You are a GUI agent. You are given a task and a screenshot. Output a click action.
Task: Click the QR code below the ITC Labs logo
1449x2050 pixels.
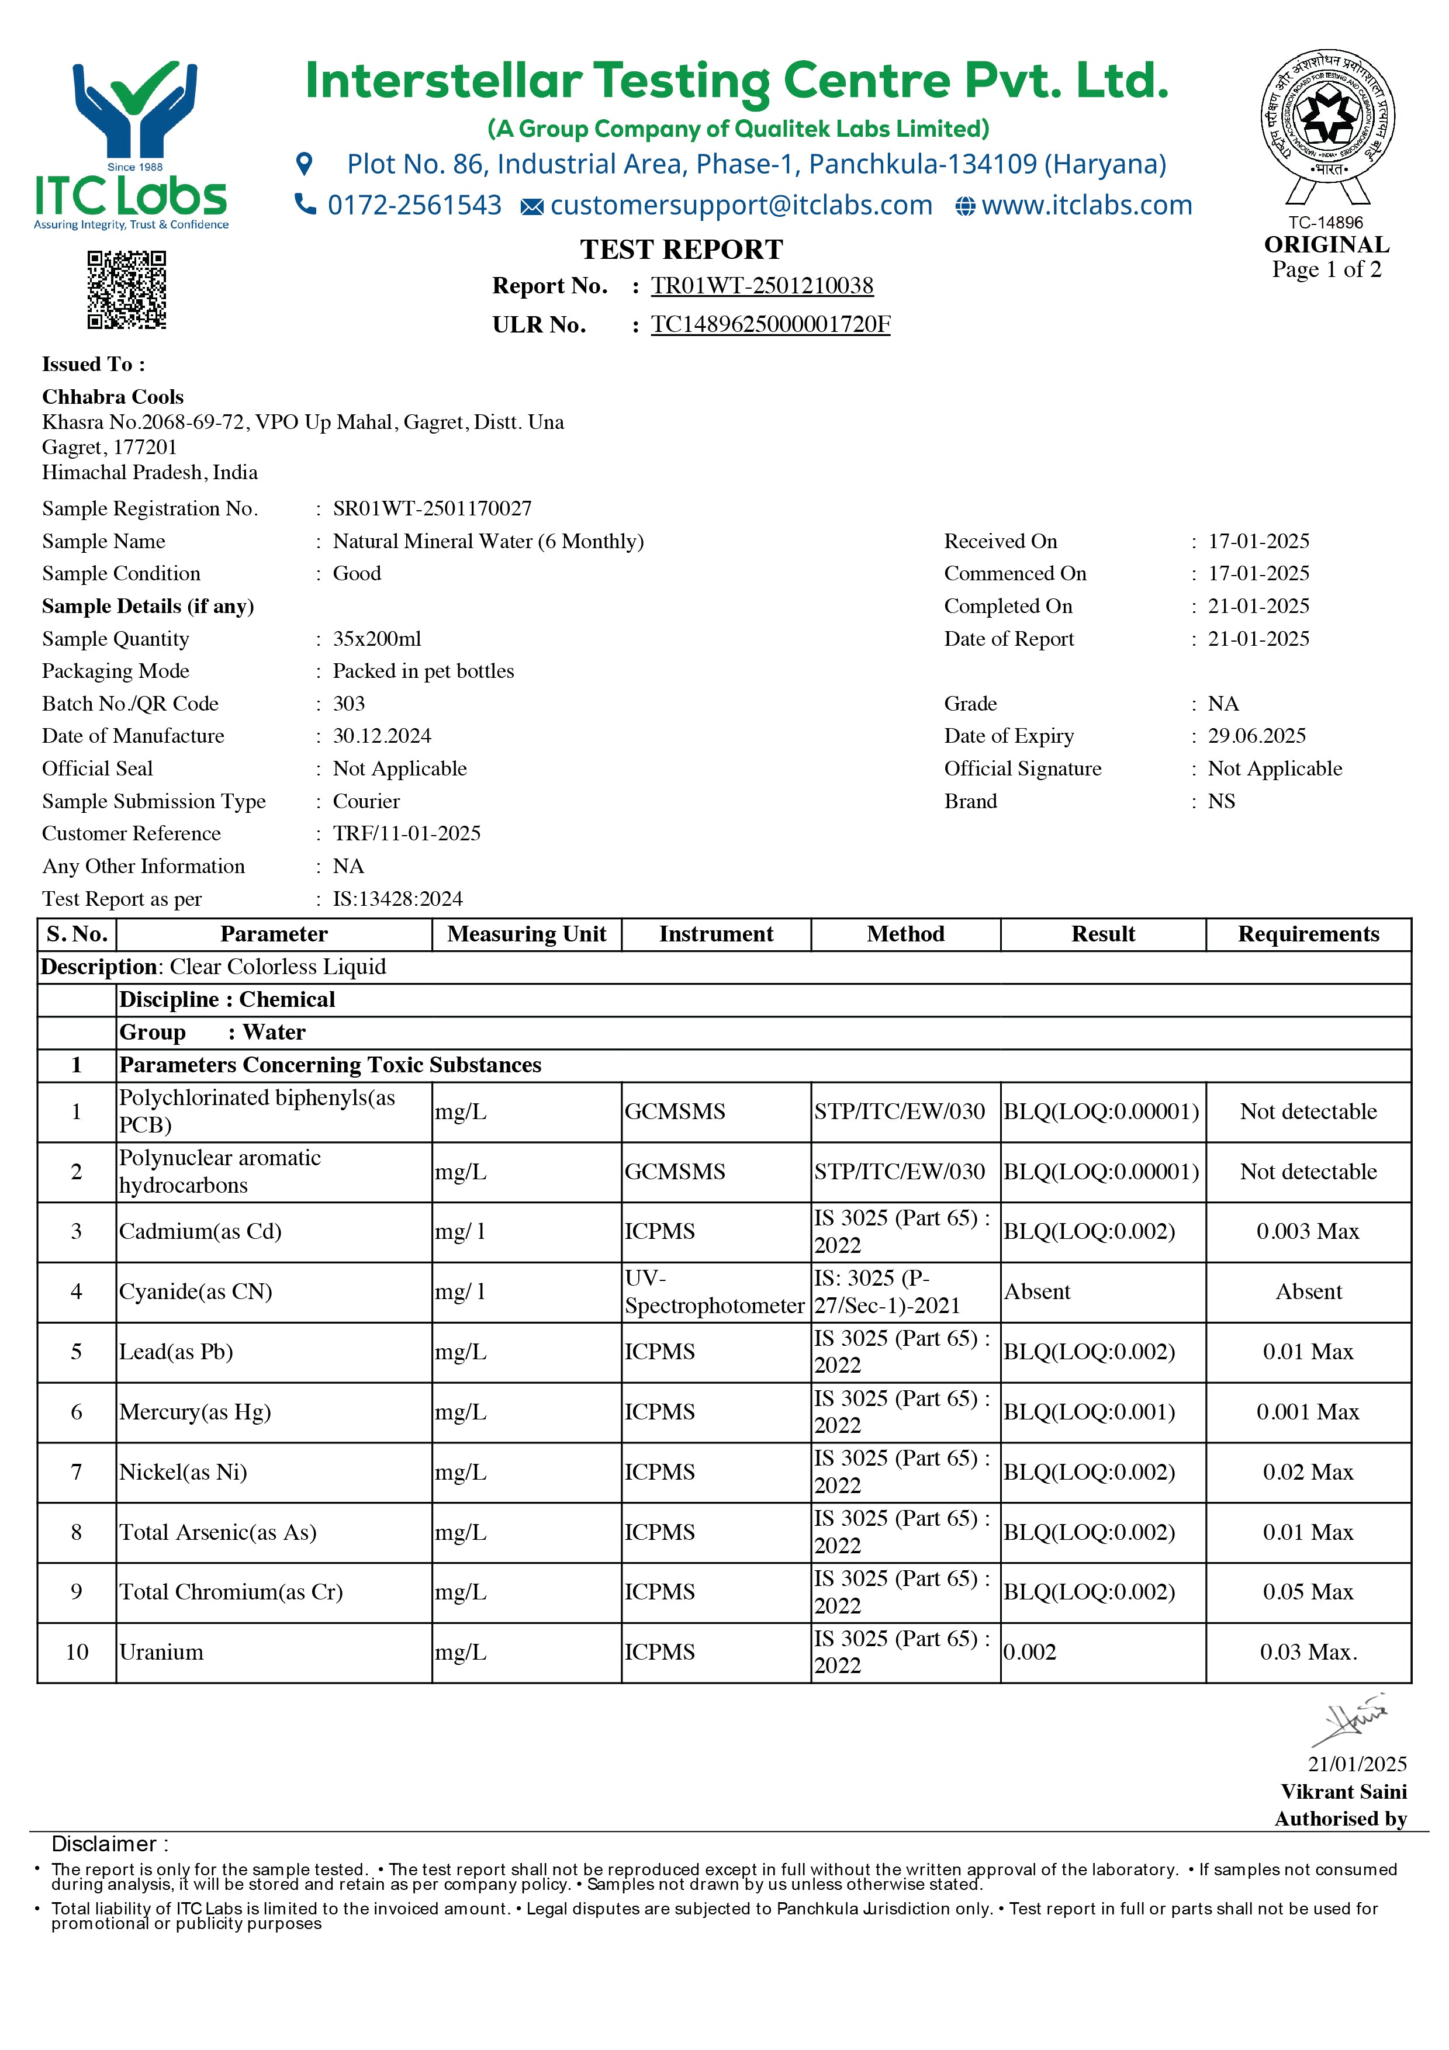point(127,290)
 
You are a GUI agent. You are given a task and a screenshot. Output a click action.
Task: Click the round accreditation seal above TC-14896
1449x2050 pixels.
point(1327,116)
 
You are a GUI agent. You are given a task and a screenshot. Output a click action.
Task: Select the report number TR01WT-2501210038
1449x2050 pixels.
point(762,286)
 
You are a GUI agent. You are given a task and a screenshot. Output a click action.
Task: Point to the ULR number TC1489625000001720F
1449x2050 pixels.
point(770,324)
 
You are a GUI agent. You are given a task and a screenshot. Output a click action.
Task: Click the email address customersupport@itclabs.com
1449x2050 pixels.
point(741,205)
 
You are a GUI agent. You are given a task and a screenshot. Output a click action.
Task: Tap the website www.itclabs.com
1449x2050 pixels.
point(1087,205)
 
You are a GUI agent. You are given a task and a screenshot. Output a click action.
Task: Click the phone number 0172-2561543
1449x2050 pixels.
point(414,205)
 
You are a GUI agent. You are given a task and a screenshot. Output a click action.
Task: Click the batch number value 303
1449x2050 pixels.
point(349,704)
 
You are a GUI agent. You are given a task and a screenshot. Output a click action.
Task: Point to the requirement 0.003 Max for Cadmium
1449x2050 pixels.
point(1308,1231)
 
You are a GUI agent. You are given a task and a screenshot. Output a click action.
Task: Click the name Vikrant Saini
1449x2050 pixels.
point(1344,1791)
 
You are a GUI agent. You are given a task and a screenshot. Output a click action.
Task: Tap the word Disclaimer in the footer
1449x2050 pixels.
point(103,1844)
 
